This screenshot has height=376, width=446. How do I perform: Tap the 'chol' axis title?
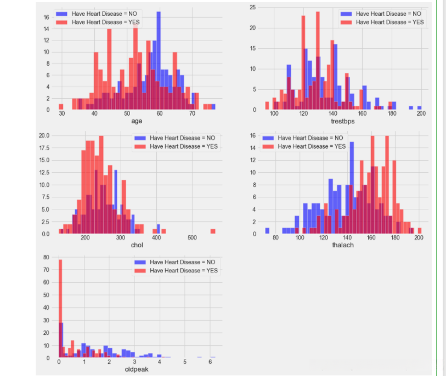click(x=137, y=244)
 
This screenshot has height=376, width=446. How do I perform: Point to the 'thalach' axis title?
click(x=343, y=244)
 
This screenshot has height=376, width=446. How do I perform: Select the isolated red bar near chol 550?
click(x=212, y=231)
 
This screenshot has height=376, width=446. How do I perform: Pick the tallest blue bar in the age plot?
click(x=159, y=60)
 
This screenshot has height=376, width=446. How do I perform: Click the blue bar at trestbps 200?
click(x=419, y=107)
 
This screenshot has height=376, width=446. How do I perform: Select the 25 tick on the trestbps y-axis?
click(x=253, y=7)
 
